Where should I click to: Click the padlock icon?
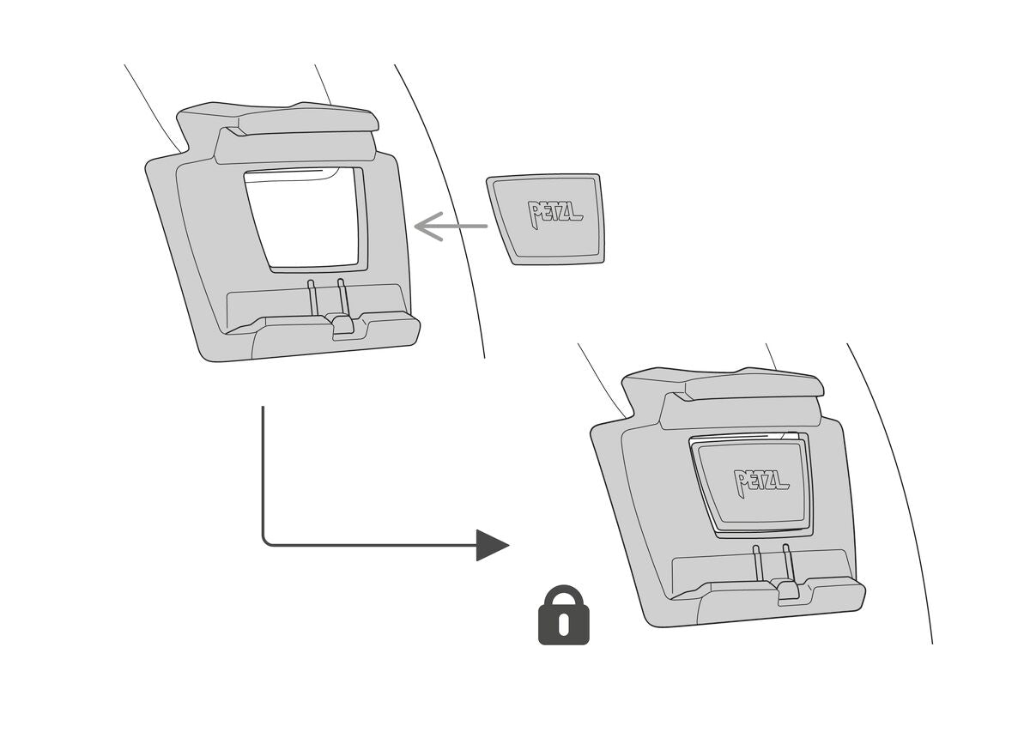point(563,616)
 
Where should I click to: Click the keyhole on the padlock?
point(563,625)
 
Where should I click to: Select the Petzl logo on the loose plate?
point(555,212)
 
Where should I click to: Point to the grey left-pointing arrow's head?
point(424,227)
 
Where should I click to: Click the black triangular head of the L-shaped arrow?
point(492,545)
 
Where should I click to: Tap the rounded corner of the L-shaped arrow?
point(265,541)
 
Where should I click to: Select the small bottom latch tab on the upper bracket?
point(342,324)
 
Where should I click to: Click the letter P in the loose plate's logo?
point(536,214)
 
